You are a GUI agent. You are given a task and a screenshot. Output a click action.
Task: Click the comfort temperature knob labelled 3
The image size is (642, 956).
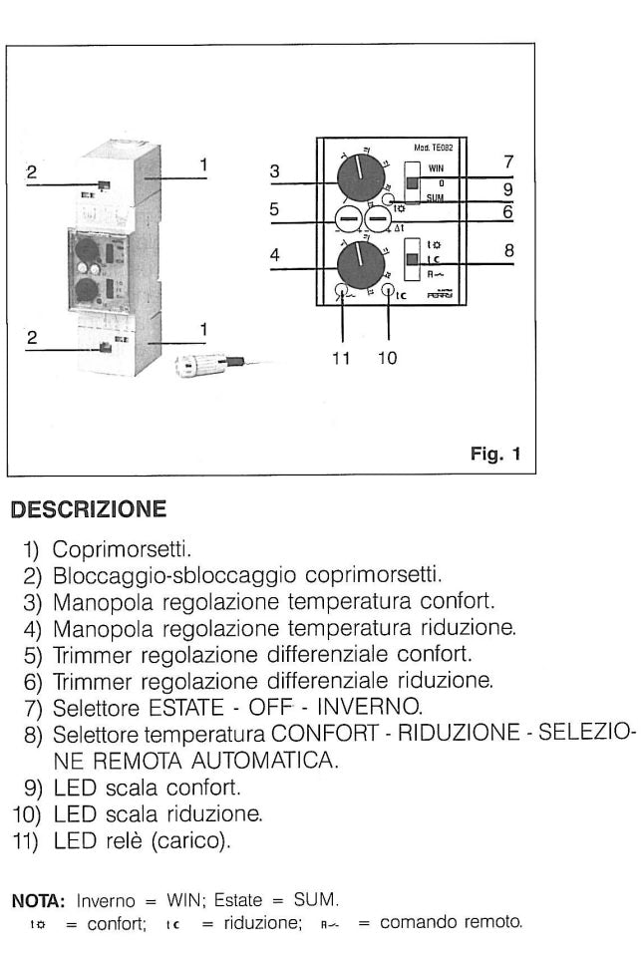[360, 177]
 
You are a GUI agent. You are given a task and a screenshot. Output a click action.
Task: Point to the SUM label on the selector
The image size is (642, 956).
[436, 198]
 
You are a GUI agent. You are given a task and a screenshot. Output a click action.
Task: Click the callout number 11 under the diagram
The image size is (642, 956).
[342, 360]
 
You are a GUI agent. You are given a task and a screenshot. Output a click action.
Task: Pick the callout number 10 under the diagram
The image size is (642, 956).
[388, 360]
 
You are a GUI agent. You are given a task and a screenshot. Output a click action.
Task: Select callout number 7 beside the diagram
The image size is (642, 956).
[508, 160]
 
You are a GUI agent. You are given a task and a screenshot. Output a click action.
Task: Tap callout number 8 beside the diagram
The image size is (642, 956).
[508, 252]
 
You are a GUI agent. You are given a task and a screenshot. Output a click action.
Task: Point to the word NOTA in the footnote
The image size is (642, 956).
[31, 900]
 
